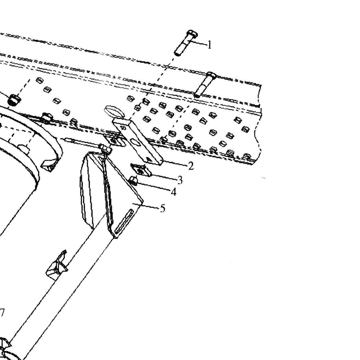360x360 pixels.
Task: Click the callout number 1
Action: [210, 45]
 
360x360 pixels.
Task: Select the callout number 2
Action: [190, 166]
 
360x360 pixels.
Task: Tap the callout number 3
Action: [180, 180]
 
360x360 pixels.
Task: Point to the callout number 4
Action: [174, 192]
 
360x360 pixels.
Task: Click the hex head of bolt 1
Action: [192, 34]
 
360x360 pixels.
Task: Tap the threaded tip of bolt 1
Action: [177, 53]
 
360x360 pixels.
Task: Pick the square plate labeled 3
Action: [141, 170]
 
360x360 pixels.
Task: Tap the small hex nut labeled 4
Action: [134, 181]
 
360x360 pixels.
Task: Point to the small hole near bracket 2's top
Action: [123, 128]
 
